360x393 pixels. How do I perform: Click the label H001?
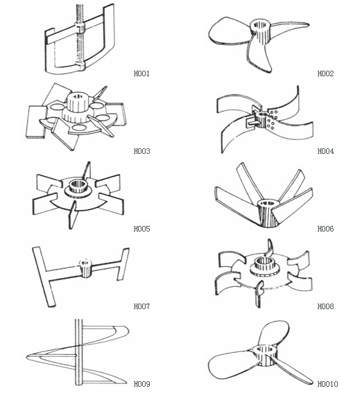pyautogui.click(x=142, y=73)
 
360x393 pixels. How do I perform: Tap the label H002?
pyautogui.click(x=325, y=73)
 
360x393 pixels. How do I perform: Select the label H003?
pyautogui.click(x=142, y=151)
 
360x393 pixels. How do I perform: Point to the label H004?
pyautogui.click(x=325, y=151)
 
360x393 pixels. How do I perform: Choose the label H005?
pyautogui.click(x=142, y=229)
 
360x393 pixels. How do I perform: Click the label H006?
pyautogui.click(x=325, y=229)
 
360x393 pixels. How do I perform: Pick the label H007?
pyautogui.click(x=142, y=306)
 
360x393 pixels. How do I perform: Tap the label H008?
pyautogui.click(x=325, y=306)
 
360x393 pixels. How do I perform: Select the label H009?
pyautogui.click(x=142, y=384)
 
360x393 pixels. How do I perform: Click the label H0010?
pyautogui.click(x=327, y=384)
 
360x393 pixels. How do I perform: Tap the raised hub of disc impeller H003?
pyautogui.click(x=78, y=107)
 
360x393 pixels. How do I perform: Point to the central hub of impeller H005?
pyautogui.click(x=78, y=187)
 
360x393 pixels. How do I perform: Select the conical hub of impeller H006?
pyautogui.click(x=268, y=213)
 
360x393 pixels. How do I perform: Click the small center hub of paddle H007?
pyautogui.click(x=85, y=268)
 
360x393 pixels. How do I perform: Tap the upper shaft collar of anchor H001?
pyautogui.click(x=80, y=28)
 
